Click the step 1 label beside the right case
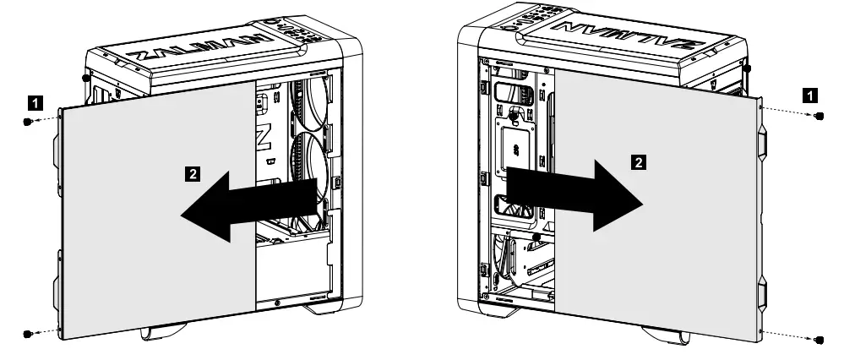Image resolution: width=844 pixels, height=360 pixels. (809, 95)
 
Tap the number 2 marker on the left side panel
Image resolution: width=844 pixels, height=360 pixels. (193, 173)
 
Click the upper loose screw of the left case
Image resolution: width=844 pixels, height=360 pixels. (27, 122)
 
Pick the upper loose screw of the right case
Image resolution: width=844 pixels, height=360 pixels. (818, 116)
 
